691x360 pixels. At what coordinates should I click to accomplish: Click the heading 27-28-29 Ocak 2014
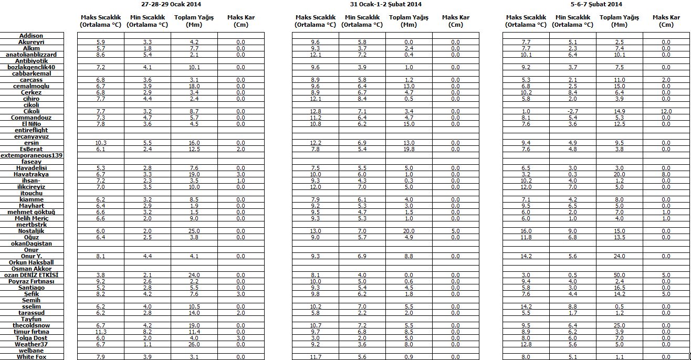coord(171,4)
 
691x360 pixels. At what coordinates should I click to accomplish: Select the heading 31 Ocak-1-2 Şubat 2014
coord(386,4)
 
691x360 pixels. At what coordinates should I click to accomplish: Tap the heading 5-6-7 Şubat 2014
coord(596,4)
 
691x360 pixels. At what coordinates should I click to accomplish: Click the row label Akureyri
coord(32,42)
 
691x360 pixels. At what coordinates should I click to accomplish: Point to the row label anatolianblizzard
coord(32,55)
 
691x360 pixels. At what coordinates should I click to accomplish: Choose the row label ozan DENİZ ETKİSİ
coord(32,275)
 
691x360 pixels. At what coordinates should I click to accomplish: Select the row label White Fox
coord(32,357)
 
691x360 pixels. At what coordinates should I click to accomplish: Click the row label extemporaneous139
coord(32,155)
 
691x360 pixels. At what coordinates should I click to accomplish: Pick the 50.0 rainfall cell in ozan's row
coord(620,275)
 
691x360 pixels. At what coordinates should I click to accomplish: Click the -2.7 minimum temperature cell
coord(573,111)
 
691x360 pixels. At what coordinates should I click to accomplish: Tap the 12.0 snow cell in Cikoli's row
coord(666,111)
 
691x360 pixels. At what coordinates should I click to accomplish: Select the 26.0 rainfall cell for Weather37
coord(194,344)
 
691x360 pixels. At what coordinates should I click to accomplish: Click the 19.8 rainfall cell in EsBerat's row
coord(409,149)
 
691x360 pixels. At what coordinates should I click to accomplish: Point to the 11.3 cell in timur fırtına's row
coord(101,332)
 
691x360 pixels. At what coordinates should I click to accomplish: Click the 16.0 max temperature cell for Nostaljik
coord(526,231)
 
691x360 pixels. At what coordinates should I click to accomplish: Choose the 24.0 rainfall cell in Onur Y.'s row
coord(620,256)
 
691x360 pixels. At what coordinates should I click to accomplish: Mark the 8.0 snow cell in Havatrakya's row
coord(666,174)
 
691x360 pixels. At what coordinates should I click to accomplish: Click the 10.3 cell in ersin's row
coord(101,143)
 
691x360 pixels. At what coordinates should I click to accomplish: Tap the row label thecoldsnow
coord(32,325)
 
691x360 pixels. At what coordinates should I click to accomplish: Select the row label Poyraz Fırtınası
coord(32,281)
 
